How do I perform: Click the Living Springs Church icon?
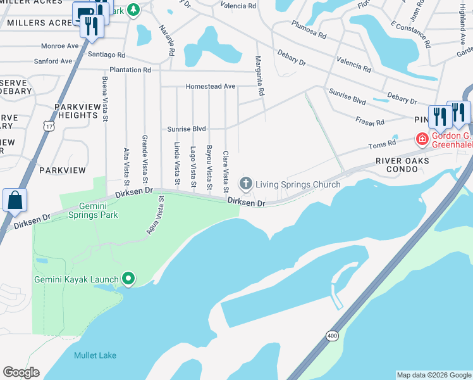(x=245, y=184)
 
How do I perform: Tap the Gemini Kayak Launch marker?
(x=128, y=279)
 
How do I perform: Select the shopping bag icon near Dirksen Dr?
(x=15, y=200)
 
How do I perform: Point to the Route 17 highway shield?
(x=48, y=126)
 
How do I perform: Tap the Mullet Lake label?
(x=95, y=355)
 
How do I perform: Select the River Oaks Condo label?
(x=402, y=165)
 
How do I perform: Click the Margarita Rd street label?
(x=259, y=75)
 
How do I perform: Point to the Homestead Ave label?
(x=210, y=86)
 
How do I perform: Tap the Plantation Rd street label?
(x=130, y=70)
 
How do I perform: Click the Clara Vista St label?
(x=225, y=172)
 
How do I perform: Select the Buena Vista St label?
(x=105, y=97)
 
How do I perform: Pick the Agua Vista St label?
(x=156, y=215)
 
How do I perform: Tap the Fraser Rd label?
(x=371, y=122)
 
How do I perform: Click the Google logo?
(x=21, y=372)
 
